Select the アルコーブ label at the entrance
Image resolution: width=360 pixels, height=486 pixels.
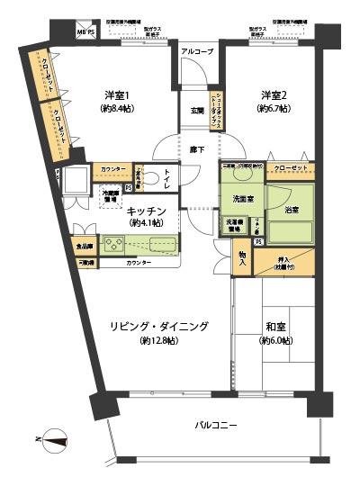click(x=197, y=52)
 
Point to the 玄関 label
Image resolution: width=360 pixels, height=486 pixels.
click(x=196, y=111)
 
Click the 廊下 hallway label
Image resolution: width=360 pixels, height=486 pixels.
click(x=196, y=148)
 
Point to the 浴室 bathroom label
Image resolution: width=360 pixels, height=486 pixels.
click(x=291, y=210)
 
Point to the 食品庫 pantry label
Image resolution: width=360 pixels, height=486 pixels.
click(x=84, y=245)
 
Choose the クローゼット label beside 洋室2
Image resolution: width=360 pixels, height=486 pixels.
click(x=291, y=168)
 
